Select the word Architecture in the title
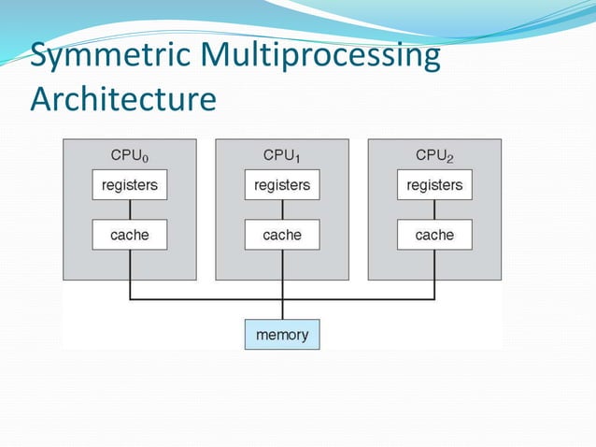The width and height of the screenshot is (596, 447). click(x=123, y=98)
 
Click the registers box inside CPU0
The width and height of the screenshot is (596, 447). click(x=130, y=185)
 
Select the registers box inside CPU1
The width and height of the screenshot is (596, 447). click(x=282, y=185)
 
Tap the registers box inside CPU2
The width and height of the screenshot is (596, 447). click(x=434, y=185)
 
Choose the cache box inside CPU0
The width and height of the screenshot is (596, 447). click(x=130, y=235)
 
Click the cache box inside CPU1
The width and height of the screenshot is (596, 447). click(x=282, y=235)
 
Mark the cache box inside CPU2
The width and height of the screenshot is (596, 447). click(x=434, y=235)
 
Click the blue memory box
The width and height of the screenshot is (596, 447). click(x=282, y=334)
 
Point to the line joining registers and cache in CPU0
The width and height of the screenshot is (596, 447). click(x=130, y=209)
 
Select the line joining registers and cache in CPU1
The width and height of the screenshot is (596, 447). click(x=282, y=209)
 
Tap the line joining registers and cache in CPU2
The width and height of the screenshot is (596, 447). click(x=434, y=209)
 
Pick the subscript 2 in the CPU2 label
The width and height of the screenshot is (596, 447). click(x=450, y=159)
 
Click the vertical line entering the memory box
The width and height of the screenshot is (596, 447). click(x=282, y=310)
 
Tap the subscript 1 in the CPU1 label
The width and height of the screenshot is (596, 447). click(x=298, y=159)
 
